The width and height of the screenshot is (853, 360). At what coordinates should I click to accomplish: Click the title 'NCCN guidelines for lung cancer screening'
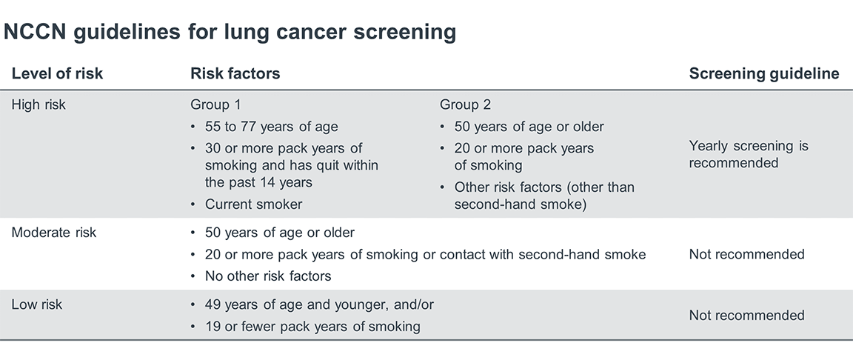230,33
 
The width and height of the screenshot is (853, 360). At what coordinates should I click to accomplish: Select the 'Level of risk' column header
57,74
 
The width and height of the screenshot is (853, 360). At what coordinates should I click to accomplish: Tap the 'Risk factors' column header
235,74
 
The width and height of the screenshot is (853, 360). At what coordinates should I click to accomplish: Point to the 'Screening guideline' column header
764,74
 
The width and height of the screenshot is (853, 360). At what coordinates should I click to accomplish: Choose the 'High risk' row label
39,104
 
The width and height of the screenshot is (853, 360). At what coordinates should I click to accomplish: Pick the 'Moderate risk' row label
54,233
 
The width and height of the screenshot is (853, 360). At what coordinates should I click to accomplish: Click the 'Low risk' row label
37,304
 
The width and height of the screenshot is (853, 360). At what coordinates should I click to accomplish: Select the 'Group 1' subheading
215,104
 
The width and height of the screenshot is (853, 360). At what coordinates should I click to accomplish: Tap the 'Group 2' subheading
465,104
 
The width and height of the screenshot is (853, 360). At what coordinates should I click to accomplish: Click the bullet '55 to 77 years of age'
271,127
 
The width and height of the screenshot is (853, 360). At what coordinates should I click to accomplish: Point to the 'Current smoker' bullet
253,204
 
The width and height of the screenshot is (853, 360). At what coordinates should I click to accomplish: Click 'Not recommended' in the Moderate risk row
746,254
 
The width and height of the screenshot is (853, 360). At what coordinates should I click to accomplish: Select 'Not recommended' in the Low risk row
746,315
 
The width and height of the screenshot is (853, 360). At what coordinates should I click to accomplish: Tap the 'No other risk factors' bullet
268,276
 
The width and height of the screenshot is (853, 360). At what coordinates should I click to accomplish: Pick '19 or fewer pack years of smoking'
312,326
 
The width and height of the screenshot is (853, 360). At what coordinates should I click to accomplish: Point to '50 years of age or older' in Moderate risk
280,233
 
